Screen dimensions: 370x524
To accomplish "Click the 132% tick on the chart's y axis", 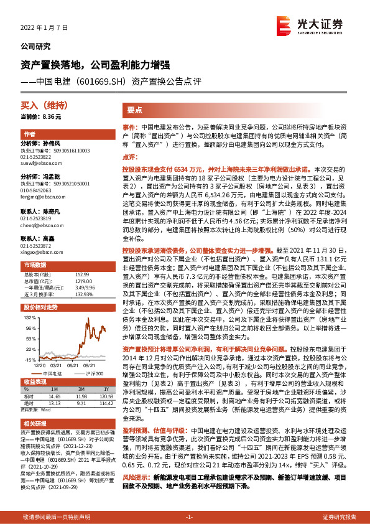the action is click(x=29, y=318).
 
